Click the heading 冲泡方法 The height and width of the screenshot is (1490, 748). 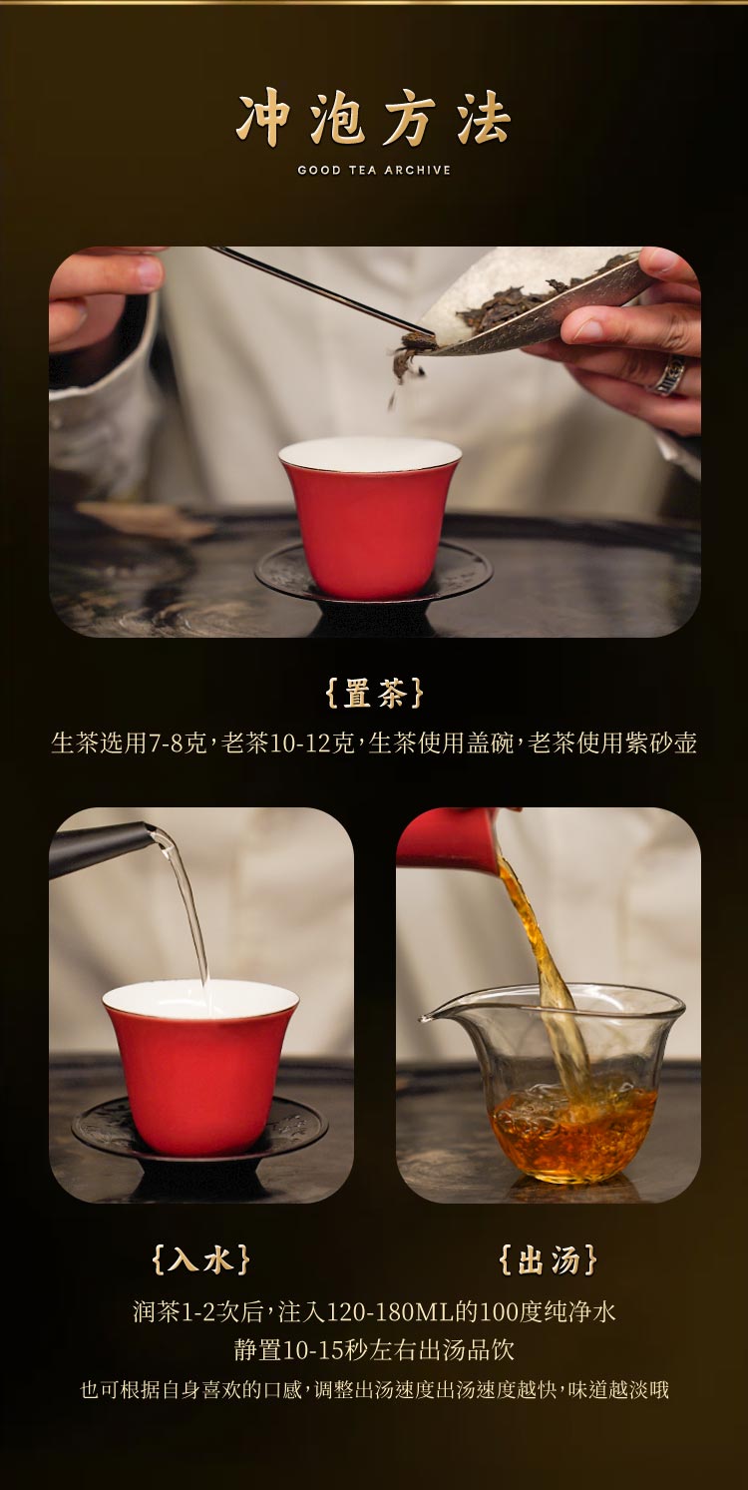point(374,120)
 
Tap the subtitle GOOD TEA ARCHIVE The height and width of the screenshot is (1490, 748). point(374,171)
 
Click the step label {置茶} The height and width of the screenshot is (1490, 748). point(374,694)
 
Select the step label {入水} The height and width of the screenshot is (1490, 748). point(200,1259)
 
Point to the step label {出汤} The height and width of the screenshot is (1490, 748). point(548,1259)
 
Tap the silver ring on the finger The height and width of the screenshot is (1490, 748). point(669,374)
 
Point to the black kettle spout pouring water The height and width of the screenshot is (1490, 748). point(100,846)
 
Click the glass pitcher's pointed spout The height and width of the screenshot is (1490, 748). point(427,1018)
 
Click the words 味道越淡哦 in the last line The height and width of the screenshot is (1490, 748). point(618,1389)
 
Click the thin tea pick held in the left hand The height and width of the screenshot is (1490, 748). point(319,289)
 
